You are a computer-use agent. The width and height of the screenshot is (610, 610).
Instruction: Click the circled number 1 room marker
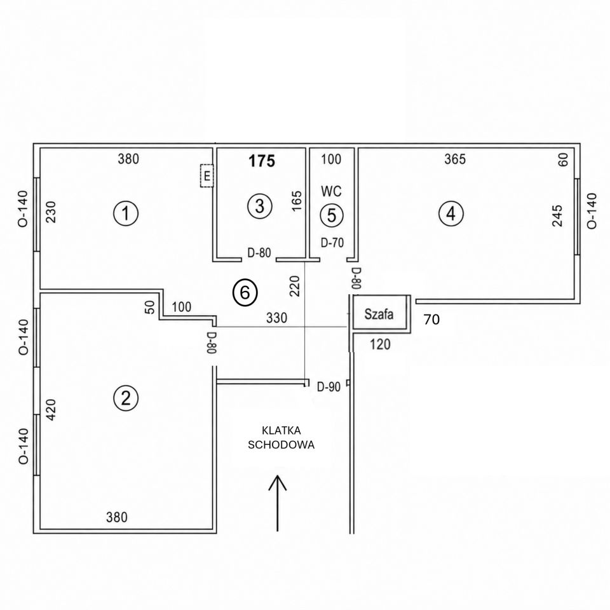(126, 213)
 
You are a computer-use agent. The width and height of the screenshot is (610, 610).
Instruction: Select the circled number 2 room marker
(126, 398)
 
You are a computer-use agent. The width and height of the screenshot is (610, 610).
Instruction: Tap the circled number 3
(260, 206)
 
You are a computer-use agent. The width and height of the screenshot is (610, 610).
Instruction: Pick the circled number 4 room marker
(451, 213)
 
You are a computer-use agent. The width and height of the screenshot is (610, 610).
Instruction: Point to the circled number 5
(332, 215)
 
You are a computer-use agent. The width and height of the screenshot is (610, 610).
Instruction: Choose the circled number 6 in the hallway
(245, 292)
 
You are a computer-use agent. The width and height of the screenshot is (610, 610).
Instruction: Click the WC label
(332, 191)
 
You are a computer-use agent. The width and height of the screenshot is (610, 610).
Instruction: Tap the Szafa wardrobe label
(379, 314)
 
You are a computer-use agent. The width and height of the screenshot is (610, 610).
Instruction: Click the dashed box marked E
(207, 176)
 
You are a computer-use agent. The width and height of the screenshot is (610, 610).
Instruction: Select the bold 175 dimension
(262, 161)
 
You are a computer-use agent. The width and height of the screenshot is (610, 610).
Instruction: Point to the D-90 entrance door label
(329, 387)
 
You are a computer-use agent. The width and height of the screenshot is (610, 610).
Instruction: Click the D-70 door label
(332, 242)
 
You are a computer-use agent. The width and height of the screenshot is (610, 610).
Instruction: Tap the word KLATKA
(281, 431)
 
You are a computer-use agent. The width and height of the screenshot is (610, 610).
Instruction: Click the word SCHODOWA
(281, 445)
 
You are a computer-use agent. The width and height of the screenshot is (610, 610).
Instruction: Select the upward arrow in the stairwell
(278, 503)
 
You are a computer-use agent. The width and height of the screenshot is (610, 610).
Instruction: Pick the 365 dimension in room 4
(455, 159)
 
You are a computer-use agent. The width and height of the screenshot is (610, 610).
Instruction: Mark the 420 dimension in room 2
(51, 410)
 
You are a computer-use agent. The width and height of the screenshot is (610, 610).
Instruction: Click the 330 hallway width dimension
(276, 318)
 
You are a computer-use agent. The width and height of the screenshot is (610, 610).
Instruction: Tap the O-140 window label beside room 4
(591, 211)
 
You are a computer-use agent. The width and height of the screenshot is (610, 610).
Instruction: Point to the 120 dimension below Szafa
(380, 344)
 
